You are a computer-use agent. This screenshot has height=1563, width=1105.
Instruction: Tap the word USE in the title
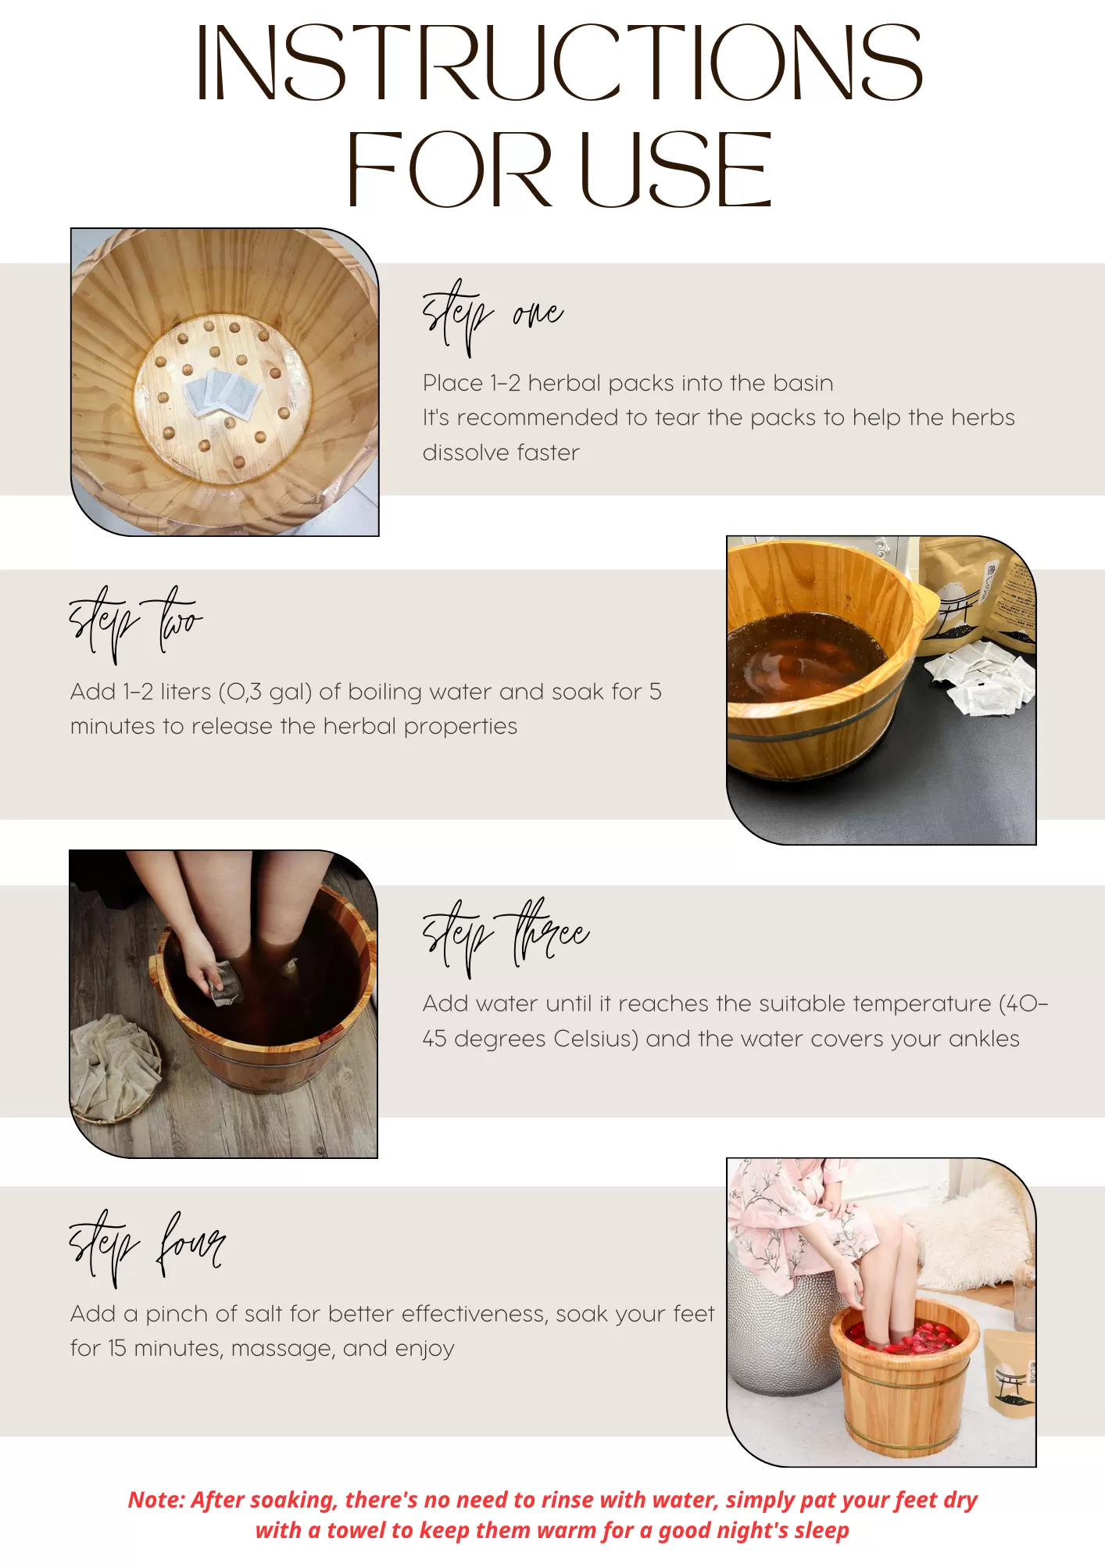(676, 170)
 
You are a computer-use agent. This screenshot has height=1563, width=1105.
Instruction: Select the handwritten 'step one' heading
(492, 317)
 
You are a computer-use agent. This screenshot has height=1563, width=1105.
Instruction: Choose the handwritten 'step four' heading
(147, 1247)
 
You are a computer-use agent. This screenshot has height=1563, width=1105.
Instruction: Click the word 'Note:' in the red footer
(156, 1500)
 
